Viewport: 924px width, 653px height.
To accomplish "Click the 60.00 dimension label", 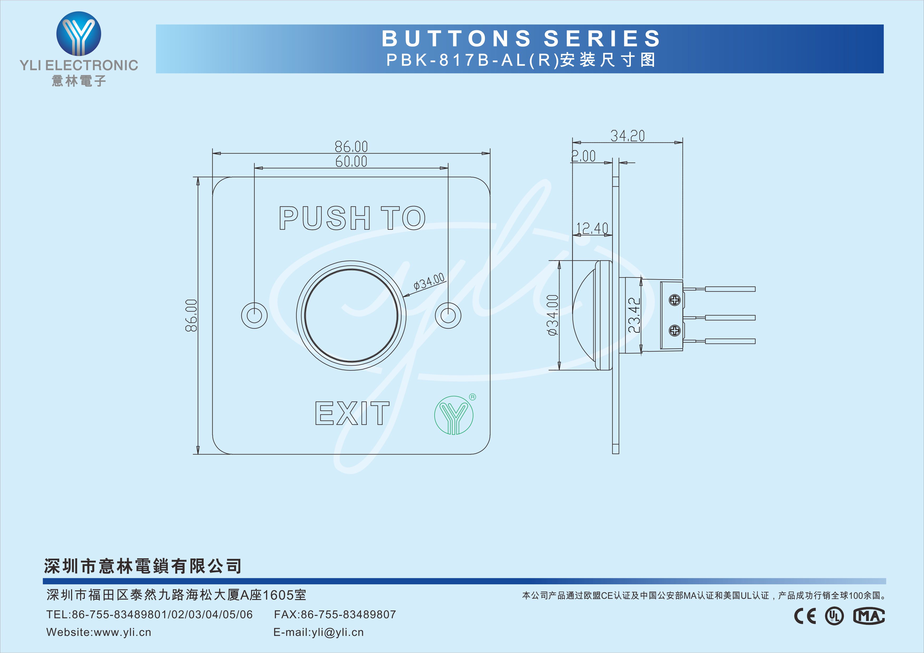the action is click(351, 162).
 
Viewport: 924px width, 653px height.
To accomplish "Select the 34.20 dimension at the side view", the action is click(627, 136).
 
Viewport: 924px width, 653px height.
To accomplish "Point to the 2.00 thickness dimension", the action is click(583, 156).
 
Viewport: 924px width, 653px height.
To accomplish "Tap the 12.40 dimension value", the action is click(592, 228).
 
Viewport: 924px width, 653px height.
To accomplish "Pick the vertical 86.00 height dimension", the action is click(191, 315).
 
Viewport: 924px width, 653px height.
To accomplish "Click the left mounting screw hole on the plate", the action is click(254, 315).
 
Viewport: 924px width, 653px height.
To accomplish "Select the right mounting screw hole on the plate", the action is click(448, 315).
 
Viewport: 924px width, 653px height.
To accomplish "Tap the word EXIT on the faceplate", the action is click(352, 413).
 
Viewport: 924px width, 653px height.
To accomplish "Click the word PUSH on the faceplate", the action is click(324, 218).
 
